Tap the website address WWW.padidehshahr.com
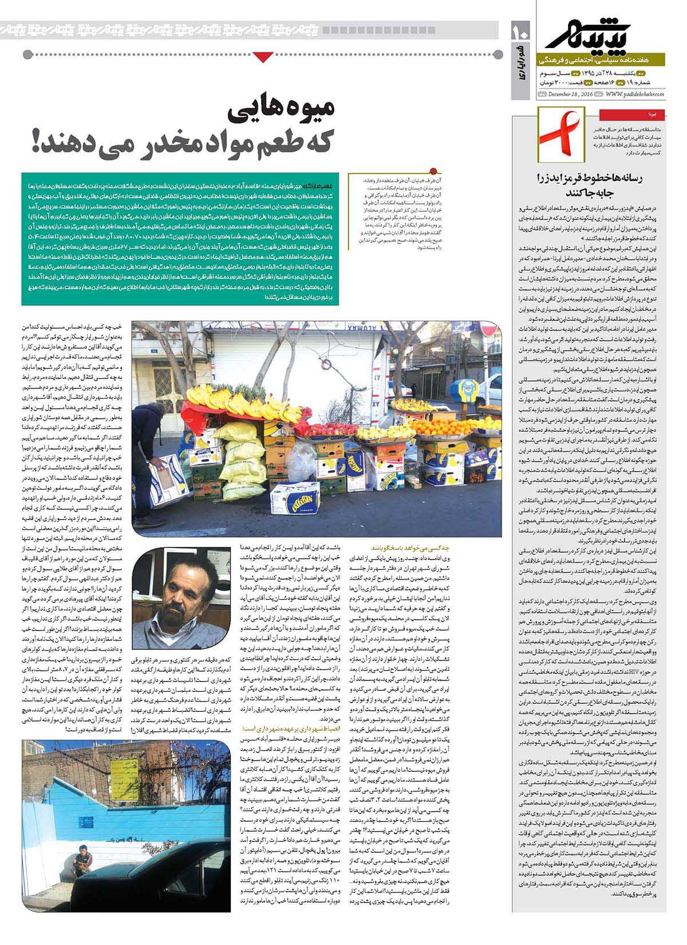pyautogui.click(x=631, y=94)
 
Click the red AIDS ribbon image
pyautogui.click(x=560, y=139)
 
